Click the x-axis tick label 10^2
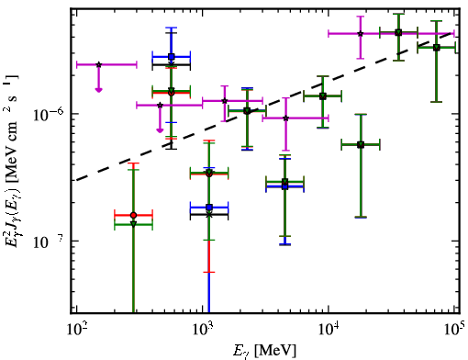click(x=77, y=330)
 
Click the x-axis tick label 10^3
click(x=203, y=330)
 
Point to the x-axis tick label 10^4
click(x=329, y=330)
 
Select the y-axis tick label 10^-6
click(x=49, y=114)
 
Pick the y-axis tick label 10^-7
click(x=49, y=242)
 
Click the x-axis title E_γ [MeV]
click(x=264, y=351)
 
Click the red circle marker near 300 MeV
click(x=133, y=215)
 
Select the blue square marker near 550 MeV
click(x=172, y=57)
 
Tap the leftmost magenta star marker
click(x=98, y=64)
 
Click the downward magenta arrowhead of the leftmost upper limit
click(x=98, y=90)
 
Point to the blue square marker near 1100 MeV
click(x=209, y=208)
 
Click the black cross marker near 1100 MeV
click(x=209, y=215)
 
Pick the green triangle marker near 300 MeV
click(x=133, y=224)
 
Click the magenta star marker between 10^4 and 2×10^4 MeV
click(x=361, y=33)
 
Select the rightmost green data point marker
click(x=437, y=48)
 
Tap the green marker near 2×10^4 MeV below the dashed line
click(x=361, y=144)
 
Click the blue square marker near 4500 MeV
click(x=284, y=186)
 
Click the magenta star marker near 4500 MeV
click(x=285, y=118)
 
